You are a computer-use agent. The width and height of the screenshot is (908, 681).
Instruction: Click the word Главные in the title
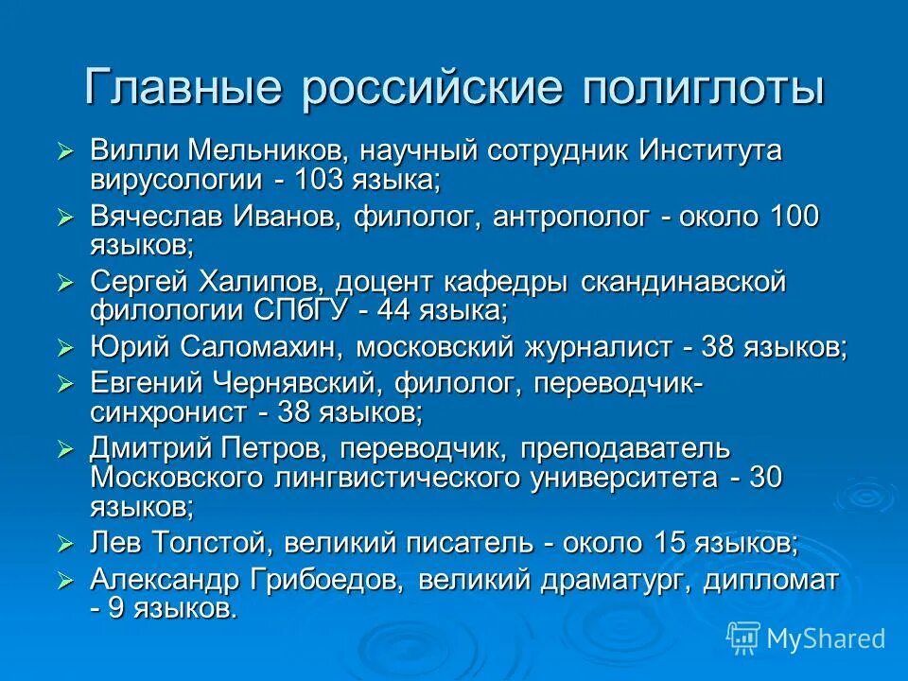183,88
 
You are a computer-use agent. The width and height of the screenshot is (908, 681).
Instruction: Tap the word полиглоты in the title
703,88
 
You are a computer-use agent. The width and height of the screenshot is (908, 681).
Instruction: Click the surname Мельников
270,149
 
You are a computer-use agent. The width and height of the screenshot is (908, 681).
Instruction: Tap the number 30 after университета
765,477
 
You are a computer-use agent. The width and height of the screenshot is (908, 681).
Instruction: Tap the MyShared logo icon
743,637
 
